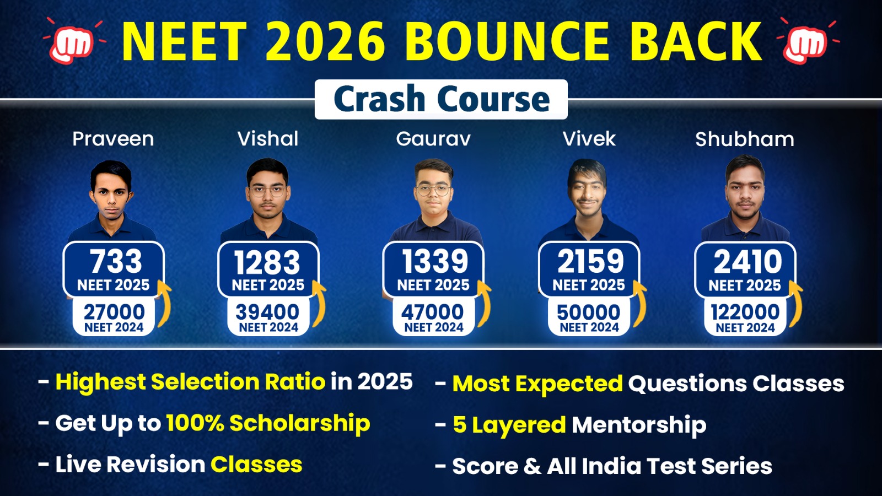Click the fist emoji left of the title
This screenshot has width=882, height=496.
72,42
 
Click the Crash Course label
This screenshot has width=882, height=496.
442,99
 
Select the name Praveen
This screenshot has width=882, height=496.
113,139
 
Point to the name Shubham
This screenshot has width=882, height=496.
745,139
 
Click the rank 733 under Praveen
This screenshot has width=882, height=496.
116,261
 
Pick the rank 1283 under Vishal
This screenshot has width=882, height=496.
267,262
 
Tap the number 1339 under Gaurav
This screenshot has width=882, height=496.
435,261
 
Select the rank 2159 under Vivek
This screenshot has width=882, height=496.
590,261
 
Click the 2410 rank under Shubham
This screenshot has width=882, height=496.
747,262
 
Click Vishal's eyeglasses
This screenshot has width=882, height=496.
267,191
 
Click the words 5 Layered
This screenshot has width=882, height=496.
509,425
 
